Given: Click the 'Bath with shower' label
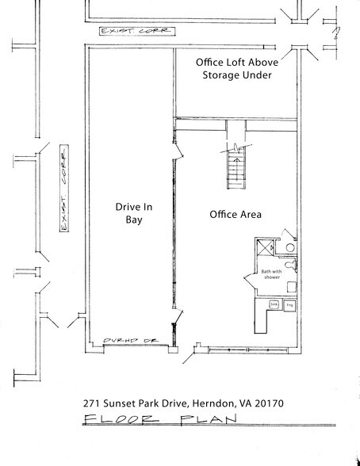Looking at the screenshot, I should [271, 277].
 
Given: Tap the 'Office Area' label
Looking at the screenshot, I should [236, 215].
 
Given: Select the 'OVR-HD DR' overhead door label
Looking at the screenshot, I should [127, 342].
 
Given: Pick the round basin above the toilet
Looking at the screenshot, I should [291, 247].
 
